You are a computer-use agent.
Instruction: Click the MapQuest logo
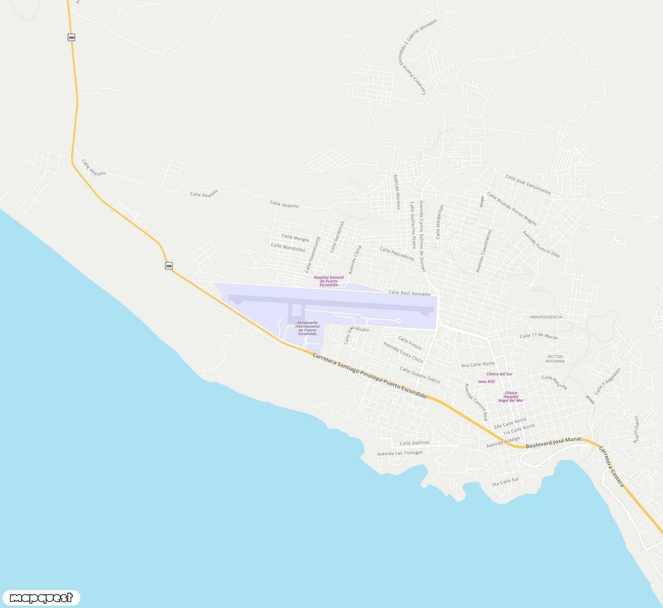(41, 598)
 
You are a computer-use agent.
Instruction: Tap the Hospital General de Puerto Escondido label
(329, 281)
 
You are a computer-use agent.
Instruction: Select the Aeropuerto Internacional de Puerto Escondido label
(307, 328)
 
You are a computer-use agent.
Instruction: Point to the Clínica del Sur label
(499, 374)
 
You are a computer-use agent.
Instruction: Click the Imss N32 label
(486, 382)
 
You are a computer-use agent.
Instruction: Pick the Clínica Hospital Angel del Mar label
(511, 397)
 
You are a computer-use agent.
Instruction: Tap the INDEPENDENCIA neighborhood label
(546, 317)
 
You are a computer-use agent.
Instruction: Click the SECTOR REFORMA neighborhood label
(555, 359)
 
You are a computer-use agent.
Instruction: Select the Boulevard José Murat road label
(553, 443)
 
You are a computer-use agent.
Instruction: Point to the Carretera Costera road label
(611, 467)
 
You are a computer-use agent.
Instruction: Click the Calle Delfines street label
(415, 443)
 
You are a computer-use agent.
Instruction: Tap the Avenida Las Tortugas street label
(400, 453)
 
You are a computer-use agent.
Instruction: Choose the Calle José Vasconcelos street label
(528, 184)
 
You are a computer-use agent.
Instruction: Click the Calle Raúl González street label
(409, 293)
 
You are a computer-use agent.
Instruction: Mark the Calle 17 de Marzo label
(538, 336)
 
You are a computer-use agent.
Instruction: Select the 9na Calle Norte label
(478, 365)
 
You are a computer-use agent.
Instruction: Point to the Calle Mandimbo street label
(288, 247)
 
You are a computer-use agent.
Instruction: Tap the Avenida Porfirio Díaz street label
(541, 244)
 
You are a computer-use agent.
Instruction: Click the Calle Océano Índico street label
(420, 375)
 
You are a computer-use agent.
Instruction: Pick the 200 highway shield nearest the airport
(168, 266)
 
